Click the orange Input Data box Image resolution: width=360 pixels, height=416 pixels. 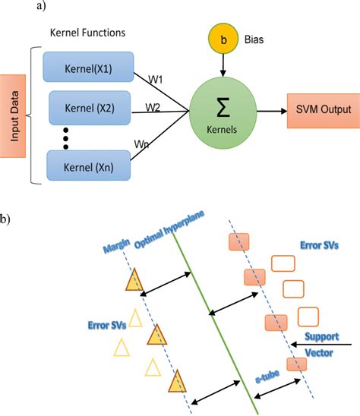(x=14, y=116)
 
